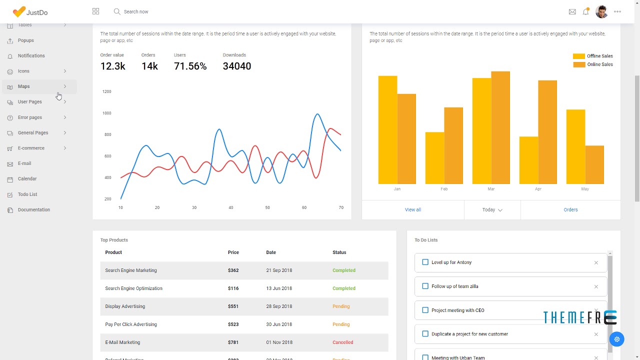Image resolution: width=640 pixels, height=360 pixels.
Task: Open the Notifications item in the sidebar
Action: click(x=31, y=55)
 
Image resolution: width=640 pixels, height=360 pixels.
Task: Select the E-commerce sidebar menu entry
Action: click(x=31, y=148)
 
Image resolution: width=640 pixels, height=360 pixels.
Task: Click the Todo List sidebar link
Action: click(x=27, y=194)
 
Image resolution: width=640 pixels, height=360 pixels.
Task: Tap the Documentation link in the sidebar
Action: click(x=33, y=210)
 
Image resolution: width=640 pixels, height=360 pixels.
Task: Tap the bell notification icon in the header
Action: click(x=585, y=11)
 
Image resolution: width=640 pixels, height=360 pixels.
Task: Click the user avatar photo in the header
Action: click(x=601, y=11)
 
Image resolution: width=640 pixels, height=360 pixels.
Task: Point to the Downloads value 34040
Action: click(x=236, y=66)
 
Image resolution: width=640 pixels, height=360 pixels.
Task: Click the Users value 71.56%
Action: click(x=190, y=66)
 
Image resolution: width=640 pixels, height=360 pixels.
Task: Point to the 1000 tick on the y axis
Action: click(x=106, y=113)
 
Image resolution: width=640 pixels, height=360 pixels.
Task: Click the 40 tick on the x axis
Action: click(x=230, y=207)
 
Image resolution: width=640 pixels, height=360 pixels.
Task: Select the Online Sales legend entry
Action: click(x=599, y=64)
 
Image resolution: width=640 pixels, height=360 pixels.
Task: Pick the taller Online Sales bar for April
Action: click(x=547, y=132)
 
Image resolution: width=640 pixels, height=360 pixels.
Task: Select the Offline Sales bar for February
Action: click(x=434, y=158)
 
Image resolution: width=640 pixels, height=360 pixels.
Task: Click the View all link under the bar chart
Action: click(x=412, y=210)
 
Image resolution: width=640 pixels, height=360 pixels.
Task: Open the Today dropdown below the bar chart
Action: click(x=492, y=210)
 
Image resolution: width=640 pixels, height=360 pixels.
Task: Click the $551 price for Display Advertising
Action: click(x=233, y=306)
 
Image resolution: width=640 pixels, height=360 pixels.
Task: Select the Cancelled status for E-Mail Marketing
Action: click(x=342, y=342)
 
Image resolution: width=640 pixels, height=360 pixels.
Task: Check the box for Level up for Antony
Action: click(x=425, y=262)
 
